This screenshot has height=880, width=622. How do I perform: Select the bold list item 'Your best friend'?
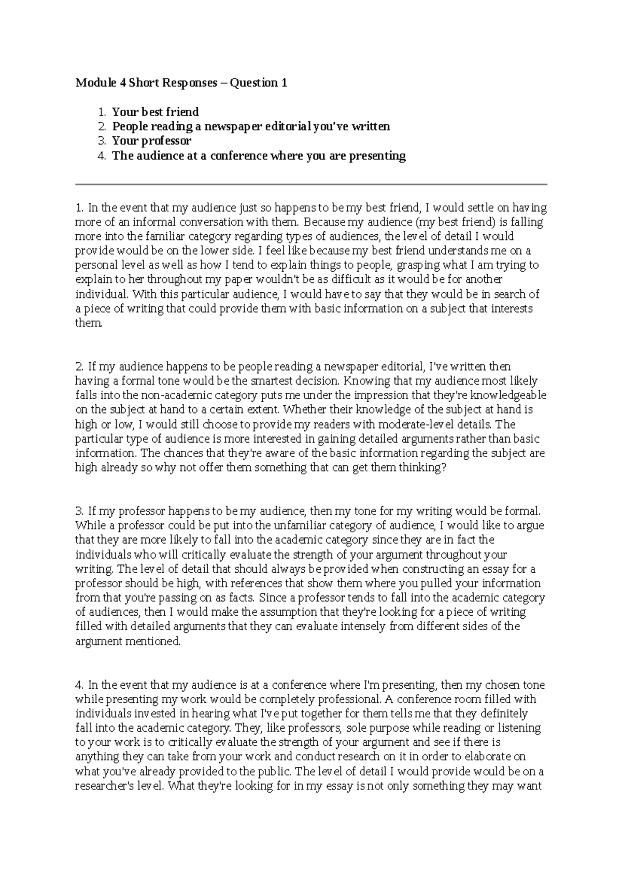[x=155, y=112]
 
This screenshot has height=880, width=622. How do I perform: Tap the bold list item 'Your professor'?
[x=152, y=141]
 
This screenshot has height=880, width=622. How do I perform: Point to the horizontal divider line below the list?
[x=311, y=184]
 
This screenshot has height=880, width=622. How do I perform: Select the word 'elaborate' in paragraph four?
[x=504, y=757]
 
